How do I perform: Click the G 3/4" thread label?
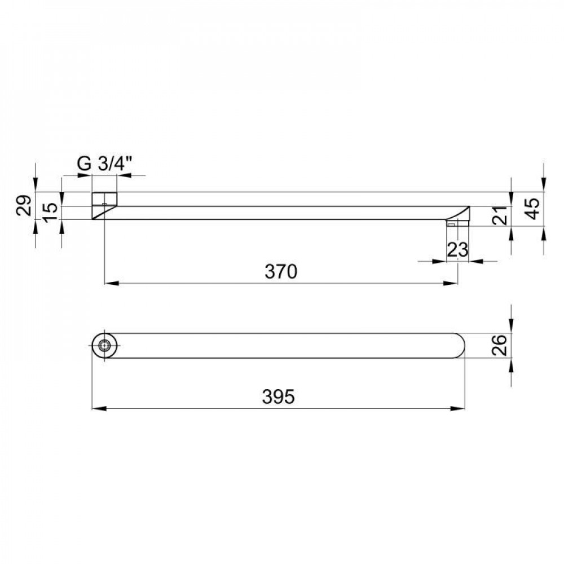[x=104, y=164]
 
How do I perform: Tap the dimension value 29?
[x=24, y=205]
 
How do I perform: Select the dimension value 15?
[x=51, y=212]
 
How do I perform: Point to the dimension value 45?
[x=533, y=208]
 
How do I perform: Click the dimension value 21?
[x=500, y=215]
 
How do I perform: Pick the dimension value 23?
[x=457, y=249]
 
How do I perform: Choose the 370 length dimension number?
[x=281, y=272]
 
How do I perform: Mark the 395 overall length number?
[x=278, y=396]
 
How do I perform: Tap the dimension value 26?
[x=499, y=345]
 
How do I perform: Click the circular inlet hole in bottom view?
[x=104, y=346]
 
